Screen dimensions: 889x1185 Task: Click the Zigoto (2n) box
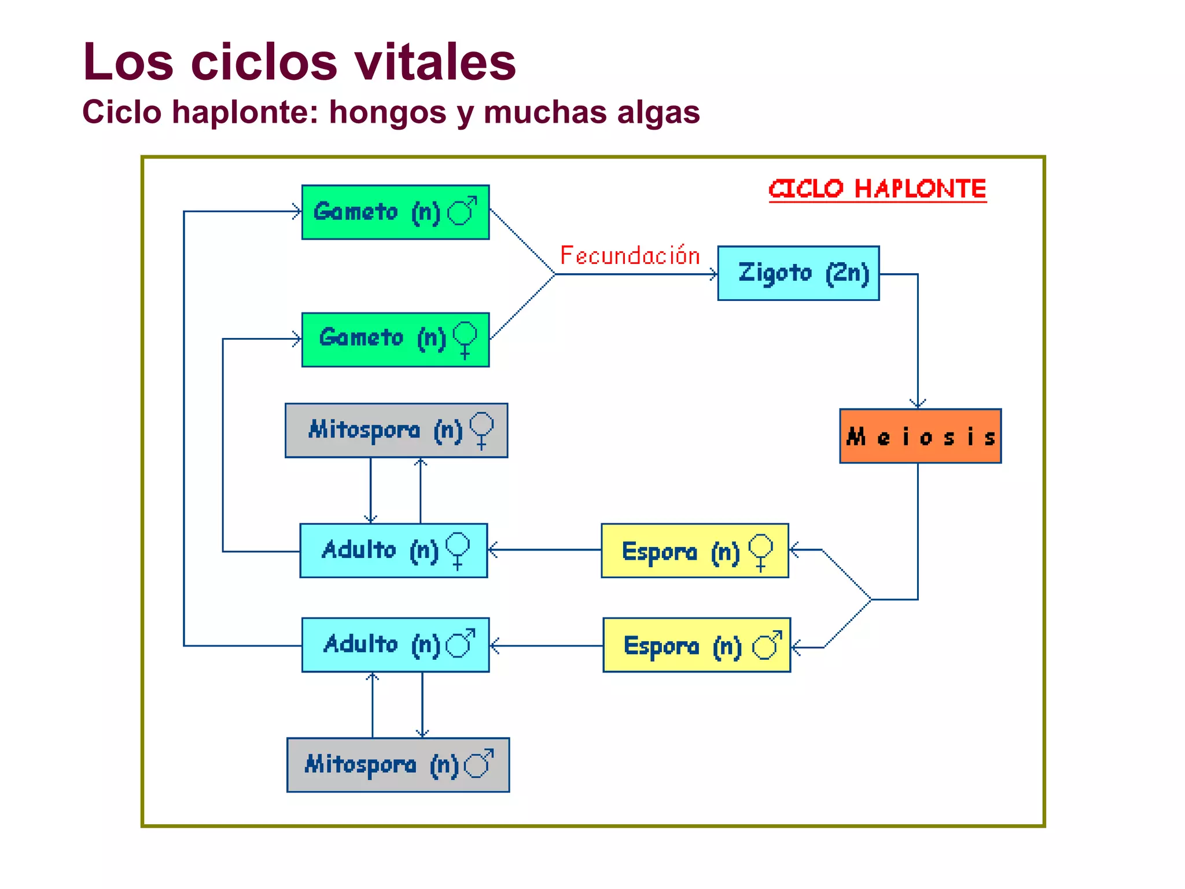(x=798, y=273)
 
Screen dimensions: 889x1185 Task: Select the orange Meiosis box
(x=920, y=436)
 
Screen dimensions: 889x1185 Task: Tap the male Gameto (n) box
(x=395, y=212)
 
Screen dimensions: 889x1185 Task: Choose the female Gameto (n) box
(x=395, y=340)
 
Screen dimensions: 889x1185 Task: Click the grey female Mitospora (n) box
(x=396, y=431)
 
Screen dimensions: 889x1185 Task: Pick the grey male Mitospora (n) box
(x=398, y=765)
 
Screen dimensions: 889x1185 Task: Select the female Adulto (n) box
(x=393, y=550)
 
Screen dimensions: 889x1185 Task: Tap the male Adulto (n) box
(x=395, y=645)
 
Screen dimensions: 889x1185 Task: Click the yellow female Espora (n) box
(x=695, y=550)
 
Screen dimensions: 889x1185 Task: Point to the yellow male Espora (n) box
(x=697, y=645)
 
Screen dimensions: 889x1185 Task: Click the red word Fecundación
(x=630, y=256)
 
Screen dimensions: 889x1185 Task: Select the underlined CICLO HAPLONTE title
(x=877, y=189)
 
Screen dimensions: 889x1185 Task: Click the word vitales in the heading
(x=435, y=62)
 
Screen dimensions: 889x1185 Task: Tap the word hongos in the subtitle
(x=388, y=112)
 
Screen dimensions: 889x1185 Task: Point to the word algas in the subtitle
(x=658, y=112)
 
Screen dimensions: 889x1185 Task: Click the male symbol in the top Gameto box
(x=462, y=211)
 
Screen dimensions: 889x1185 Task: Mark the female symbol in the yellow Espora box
(x=761, y=551)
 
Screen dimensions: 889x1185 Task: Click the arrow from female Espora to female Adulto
(x=544, y=550)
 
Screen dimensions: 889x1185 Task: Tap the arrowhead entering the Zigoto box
(x=713, y=274)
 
